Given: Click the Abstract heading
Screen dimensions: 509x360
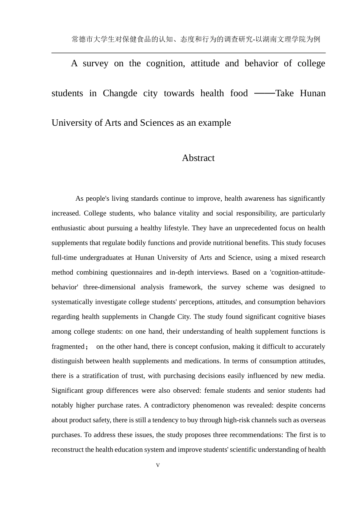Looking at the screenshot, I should [198, 158].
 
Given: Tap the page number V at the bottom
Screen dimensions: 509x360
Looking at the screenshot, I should [158, 465].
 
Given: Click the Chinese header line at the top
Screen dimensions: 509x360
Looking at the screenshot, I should [196, 39].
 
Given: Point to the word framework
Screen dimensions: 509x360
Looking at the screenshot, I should [185, 287].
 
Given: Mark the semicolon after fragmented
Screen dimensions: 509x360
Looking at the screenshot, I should [87, 347].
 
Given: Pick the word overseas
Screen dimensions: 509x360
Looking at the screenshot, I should [313, 420].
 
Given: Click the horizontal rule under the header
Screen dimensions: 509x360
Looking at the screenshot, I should [188, 53].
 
